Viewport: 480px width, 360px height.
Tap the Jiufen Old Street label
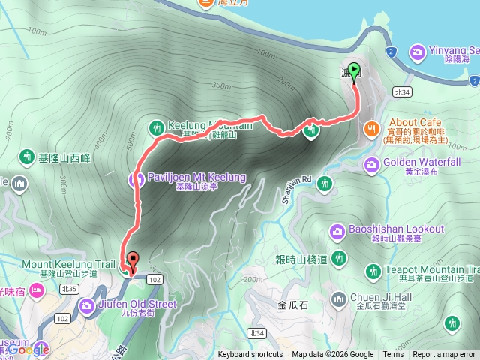(137, 304)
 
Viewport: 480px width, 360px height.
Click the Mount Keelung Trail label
(68, 265)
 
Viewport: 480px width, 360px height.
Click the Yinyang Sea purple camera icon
(417, 51)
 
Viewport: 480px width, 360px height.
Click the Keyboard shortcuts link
(250, 355)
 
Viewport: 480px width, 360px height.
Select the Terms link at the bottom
(393, 355)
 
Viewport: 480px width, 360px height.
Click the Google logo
(30, 349)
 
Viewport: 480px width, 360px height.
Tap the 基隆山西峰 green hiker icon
(28, 157)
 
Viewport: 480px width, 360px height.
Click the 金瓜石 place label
(292, 305)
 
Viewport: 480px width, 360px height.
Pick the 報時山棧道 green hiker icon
(339, 258)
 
